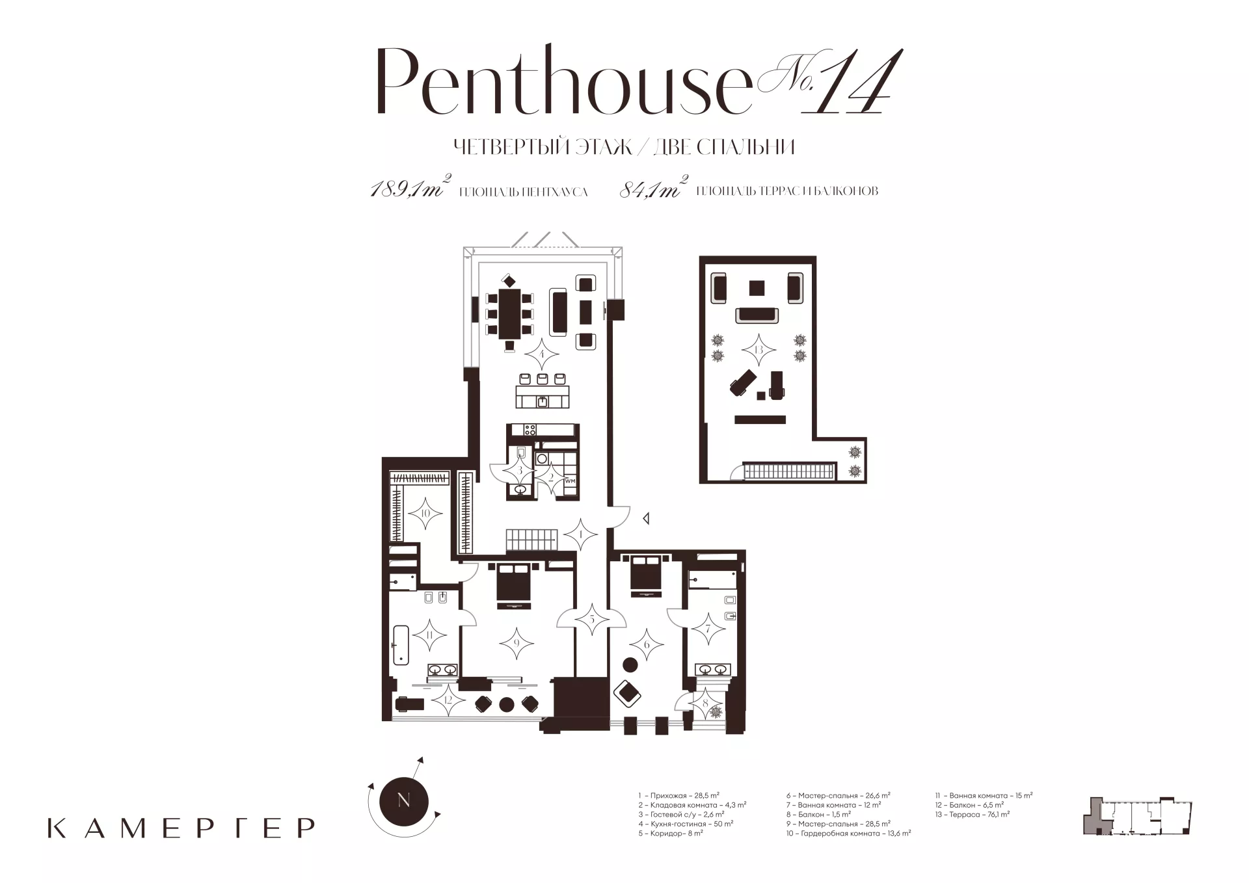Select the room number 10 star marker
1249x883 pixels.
click(425, 514)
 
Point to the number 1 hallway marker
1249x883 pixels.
click(580, 535)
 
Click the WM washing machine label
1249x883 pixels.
click(571, 481)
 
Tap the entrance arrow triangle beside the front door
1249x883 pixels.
click(646, 519)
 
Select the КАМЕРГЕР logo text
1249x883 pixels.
click(181, 828)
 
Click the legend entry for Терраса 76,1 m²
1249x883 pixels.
click(973, 814)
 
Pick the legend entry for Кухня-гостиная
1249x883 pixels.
click(686, 823)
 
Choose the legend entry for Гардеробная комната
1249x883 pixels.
click(848, 833)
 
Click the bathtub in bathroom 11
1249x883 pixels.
click(399, 644)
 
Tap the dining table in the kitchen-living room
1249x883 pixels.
click(509, 314)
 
